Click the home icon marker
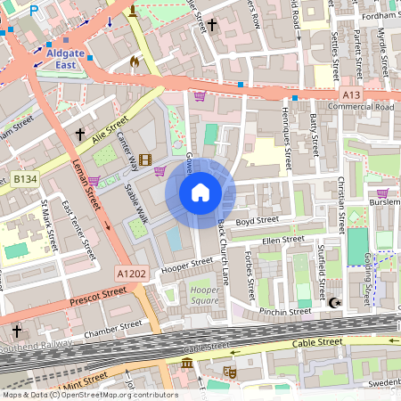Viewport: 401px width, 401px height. [x=200, y=192]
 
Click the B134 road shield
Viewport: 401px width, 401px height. [x=25, y=180]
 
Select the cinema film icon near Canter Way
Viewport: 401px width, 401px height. [x=144, y=159]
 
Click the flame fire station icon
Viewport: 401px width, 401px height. [x=135, y=61]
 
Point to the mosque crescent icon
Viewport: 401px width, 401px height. [x=335, y=304]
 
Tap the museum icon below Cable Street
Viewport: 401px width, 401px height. [x=186, y=365]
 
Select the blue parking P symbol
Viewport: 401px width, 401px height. [x=35, y=11]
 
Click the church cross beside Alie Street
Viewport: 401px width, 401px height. [x=80, y=135]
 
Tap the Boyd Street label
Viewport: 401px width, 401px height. [x=258, y=220]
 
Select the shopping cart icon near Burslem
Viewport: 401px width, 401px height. [x=382, y=193]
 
